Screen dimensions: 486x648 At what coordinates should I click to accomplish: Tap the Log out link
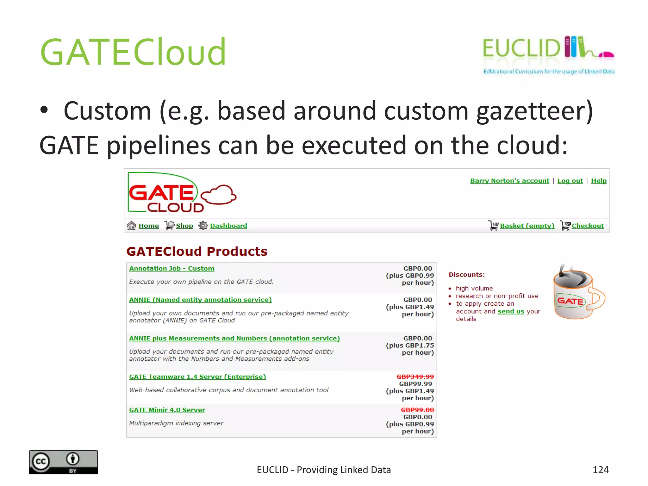pyautogui.click(x=570, y=181)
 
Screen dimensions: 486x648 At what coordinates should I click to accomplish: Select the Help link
pyautogui.click(x=599, y=181)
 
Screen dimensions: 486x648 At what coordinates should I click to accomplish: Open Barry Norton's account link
pyautogui.click(x=509, y=181)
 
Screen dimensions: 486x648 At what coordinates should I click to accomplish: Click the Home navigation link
pyautogui.click(x=148, y=226)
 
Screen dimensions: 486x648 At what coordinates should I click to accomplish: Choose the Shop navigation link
pyautogui.click(x=184, y=226)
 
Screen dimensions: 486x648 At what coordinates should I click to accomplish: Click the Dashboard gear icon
pyautogui.click(x=203, y=226)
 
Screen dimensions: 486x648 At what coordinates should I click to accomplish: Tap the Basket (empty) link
pyautogui.click(x=527, y=226)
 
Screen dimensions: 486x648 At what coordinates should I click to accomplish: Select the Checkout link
pyautogui.click(x=588, y=226)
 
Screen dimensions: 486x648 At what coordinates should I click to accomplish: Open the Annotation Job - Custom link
pyautogui.click(x=171, y=268)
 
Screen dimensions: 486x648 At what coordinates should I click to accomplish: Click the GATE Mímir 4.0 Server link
pyautogui.click(x=167, y=410)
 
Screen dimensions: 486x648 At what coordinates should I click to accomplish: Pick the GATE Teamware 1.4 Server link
pyautogui.click(x=197, y=377)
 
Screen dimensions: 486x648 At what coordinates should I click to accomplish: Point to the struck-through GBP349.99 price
pyautogui.click(x=415, y=377)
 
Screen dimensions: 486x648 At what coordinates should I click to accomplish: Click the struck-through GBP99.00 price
pyautogui.click(x=417, y=410)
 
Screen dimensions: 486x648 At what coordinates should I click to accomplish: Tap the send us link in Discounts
pyautogui.click(x=511, y=311)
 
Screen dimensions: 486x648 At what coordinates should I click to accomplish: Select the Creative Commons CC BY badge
pyautogui.click(x=63, y=462)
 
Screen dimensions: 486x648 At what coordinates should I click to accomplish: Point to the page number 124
pyautogui.click(x=600, y=470)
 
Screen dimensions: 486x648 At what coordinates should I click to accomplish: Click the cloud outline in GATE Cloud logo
pyautogui.click(x=219, y=194)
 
